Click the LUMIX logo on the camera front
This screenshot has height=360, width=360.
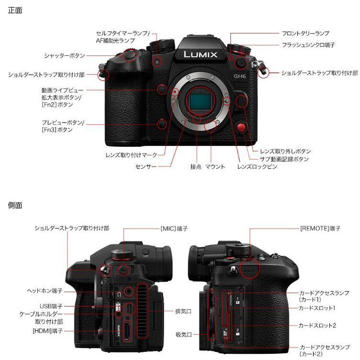pos(200,55)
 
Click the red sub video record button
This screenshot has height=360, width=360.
pos(242,128)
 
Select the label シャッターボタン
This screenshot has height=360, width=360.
pos(65,56)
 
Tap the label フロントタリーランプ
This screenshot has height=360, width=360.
pos(305,33)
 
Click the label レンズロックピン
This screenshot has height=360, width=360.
pos(257,167)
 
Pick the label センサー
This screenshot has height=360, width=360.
pos(146,167)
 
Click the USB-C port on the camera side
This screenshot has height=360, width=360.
pos(128,307)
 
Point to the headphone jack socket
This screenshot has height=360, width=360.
pos(128,290)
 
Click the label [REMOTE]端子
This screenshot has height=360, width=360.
pos(320,229)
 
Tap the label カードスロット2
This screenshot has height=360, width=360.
pos(317,325)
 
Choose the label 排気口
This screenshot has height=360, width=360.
pos(183,311)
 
